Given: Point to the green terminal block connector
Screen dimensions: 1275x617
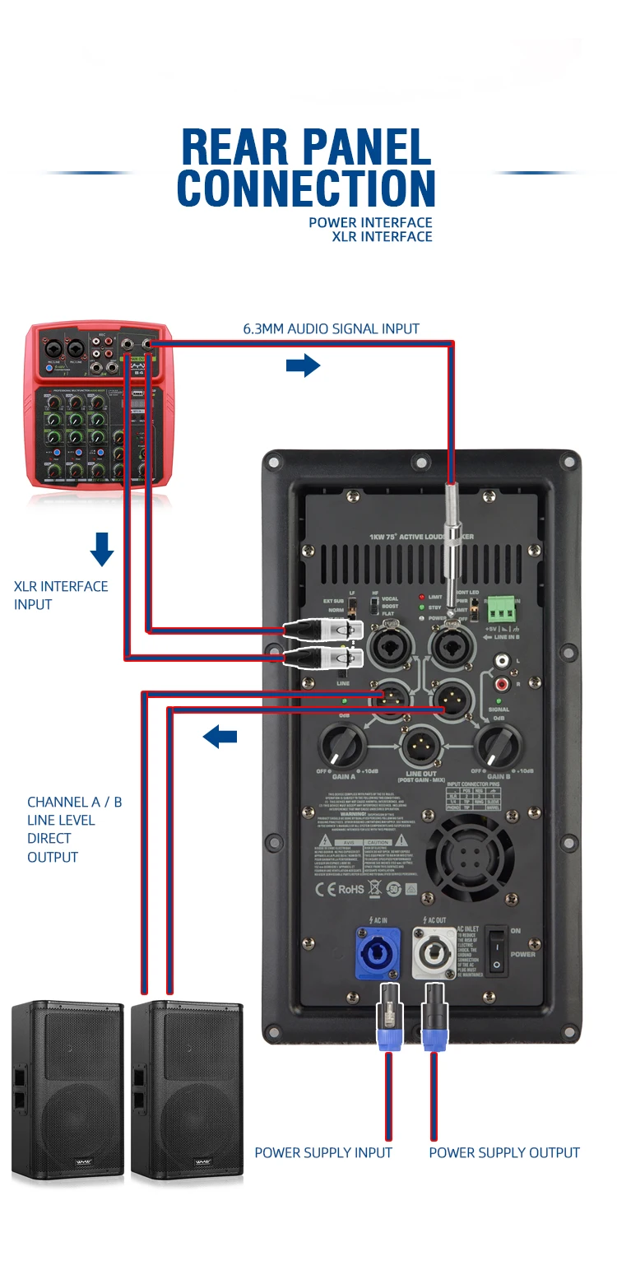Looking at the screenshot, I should click(503, 611).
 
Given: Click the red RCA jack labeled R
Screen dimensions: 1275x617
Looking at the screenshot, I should click(499, 683).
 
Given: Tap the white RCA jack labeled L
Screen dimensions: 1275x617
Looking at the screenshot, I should click(499, 661).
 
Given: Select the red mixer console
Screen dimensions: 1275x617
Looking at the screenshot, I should click(100, 403).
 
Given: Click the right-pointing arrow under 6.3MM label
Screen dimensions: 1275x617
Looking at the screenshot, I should click(303, 365).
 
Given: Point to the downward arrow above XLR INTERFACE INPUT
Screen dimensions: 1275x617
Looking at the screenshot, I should click(101, 549).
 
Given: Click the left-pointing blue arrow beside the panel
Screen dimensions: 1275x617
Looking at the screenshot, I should click(220, 736).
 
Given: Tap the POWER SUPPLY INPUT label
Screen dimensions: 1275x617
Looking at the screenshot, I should click(323, 1152).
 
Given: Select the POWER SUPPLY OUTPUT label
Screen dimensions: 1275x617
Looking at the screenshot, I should click(503, 1152).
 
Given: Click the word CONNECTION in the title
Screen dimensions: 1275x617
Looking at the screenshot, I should click(306, 188).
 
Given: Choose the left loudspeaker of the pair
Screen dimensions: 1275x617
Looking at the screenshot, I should click(67, 1090).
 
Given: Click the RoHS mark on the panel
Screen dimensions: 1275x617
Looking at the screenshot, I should click(350, 889).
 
